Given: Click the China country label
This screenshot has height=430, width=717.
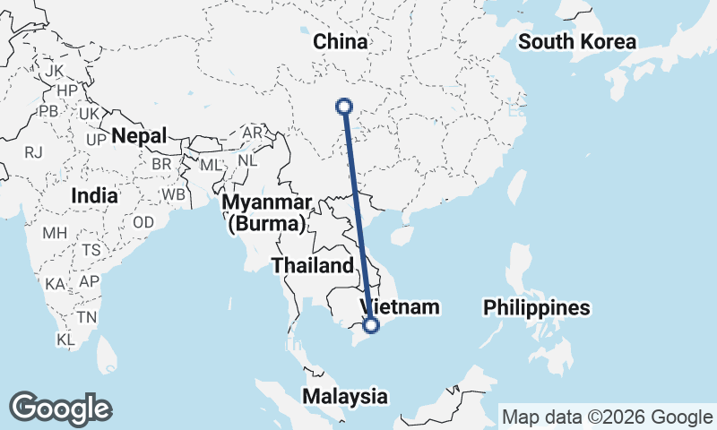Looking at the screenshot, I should click(341, 42).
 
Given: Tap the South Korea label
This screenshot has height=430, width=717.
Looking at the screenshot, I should click(577, 42).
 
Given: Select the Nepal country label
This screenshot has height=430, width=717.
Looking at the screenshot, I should click(140, 136).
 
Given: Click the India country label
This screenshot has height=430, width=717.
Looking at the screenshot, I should click(94, 195).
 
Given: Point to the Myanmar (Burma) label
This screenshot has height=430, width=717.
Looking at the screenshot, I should click(267, 213).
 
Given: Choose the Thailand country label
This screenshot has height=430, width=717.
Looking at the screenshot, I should click(313, 265).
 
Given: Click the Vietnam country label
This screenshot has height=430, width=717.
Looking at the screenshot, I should click(401, 307).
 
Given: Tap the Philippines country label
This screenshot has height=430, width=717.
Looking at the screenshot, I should click(537, 308).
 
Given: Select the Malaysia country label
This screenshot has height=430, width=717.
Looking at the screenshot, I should click(345, 396).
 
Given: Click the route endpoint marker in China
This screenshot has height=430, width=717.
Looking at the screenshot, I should click(343, 106).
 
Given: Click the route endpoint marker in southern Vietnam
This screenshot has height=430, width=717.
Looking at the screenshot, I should click(371, 325).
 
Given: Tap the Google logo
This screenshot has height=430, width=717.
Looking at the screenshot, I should click(60, 408).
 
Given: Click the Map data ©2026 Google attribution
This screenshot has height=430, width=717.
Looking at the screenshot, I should click(606, 417).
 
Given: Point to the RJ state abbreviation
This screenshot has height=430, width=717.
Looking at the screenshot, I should click(34, 152).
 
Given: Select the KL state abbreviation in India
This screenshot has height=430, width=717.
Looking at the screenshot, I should click(65, 340).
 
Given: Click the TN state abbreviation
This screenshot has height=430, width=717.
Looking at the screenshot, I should click(87, 316).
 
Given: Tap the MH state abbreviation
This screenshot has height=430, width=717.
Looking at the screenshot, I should click(55, 233).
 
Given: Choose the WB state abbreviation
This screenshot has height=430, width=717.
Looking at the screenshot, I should click(174, 193).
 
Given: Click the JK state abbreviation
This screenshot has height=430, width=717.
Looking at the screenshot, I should click(55, 71).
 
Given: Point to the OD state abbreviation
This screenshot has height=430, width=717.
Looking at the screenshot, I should click(143, 222).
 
